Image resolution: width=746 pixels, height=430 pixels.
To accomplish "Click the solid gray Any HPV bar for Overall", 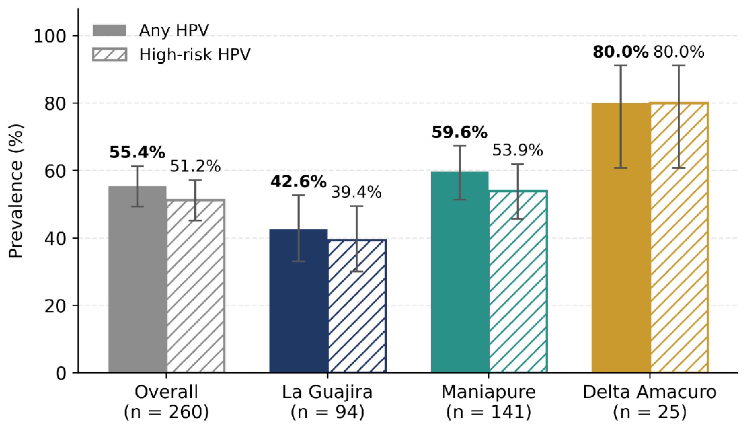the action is click(138, 279).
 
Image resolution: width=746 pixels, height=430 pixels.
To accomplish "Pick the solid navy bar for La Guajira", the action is click(299, 301).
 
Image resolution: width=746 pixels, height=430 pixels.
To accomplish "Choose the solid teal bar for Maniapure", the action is click(460, 272).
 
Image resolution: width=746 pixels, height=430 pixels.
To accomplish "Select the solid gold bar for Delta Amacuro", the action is click(621, 238).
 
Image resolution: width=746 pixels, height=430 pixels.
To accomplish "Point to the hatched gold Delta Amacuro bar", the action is click(679, 238).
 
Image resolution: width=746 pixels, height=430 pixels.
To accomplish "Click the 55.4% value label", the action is click(137, 153).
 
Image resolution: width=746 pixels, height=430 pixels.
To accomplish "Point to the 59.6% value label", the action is click(459, 132).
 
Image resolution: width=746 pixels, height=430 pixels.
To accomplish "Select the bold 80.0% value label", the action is click(621, 52).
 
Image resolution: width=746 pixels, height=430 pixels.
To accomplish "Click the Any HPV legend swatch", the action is click(110, 30).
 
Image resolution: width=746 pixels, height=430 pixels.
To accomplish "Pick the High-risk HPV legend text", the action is click(195, 55).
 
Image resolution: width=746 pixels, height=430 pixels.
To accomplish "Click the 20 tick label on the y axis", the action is click(55, 306).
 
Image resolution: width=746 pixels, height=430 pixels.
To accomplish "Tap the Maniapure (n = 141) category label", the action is click(489, 402).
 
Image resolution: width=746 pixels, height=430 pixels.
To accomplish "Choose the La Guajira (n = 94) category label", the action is click(327, 402).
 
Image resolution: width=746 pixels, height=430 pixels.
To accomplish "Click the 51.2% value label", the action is click(195, 166).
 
